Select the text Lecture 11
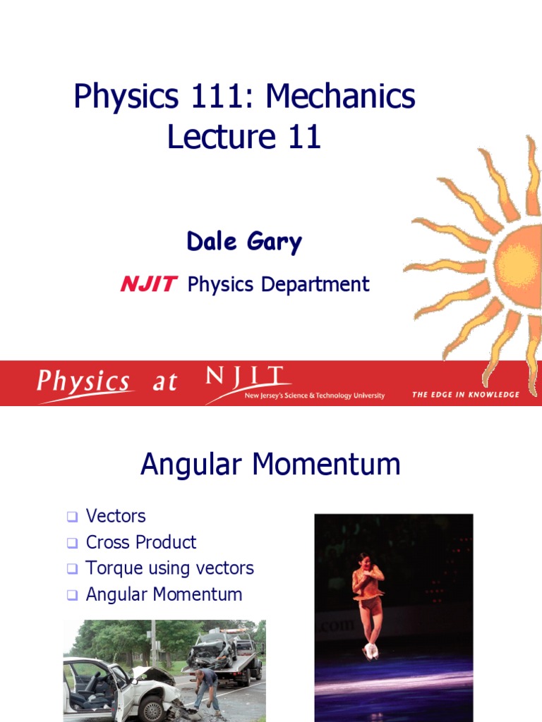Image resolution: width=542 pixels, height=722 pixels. [x=244, y=136]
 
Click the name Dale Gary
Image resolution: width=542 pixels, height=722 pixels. [x=244, y=242]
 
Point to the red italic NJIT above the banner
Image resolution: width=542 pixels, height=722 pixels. [x=148, y=284]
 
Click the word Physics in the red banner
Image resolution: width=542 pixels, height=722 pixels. [x=83, y=383]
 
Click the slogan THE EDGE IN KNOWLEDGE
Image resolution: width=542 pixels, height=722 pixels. [x=465, y=395]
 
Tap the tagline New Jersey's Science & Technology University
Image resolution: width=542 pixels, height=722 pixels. [x=314, y=396]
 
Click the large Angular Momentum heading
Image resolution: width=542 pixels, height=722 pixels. [x=270, y=465]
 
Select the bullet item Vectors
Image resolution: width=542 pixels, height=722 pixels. [x=116, y=516]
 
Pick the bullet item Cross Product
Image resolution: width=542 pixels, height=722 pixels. [x=141, y=542]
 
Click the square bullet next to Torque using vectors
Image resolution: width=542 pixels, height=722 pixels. [x=71, y=568]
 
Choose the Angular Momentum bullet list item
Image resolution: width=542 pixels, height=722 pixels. [x=164, y=594]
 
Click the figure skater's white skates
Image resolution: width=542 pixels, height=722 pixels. [x=370, y=651]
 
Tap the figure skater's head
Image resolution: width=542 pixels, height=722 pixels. [x=365, y=561]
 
